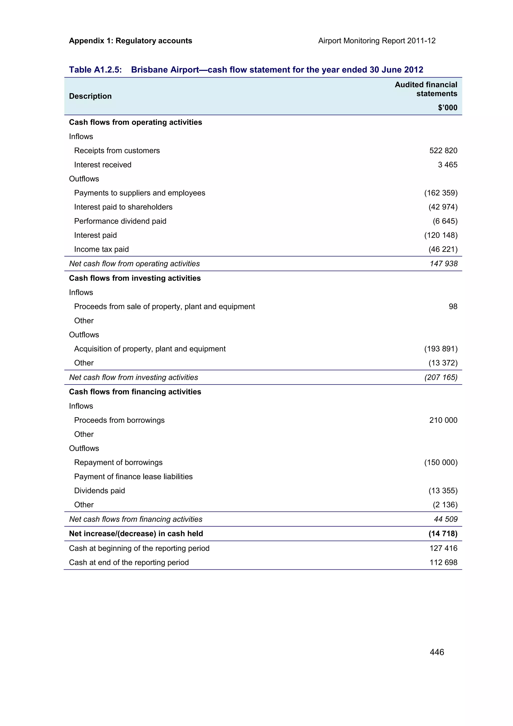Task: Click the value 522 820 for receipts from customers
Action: [443, 151]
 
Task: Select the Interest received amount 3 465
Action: [447, 165]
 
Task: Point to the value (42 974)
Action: [443, 207]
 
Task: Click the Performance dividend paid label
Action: [120, 221]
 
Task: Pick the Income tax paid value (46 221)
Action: [443, 249]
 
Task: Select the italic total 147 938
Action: [443, 264]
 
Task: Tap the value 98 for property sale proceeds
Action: [453, 306]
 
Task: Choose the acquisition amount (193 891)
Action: [441, 349]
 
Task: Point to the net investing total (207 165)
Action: [441, 377]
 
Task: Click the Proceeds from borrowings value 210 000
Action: [443, 420]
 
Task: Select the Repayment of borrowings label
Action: [118, 462]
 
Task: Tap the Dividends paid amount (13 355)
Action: [443, 491]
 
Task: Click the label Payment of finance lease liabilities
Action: [133, 476]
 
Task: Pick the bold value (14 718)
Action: [443, 534]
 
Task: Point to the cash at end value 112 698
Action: [443, 562]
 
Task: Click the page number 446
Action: [437, 652]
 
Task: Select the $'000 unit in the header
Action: [447, 107]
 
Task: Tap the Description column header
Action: [90, 96]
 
